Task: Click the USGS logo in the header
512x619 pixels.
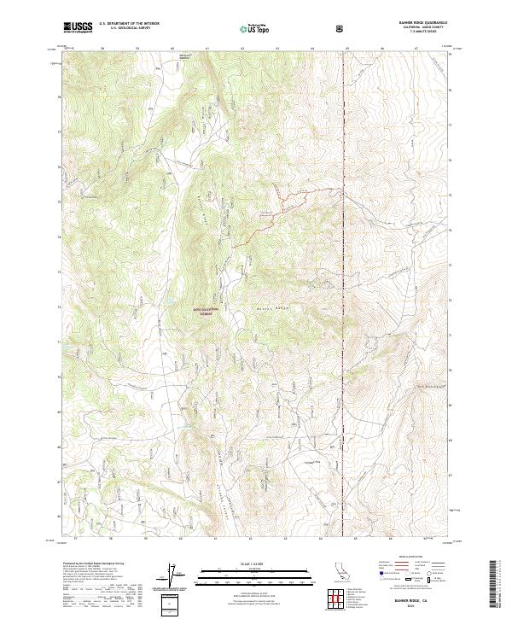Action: pyautogui.click(x=78, y=27)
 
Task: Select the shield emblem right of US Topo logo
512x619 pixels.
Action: pyautogui.click(x=341, y=28)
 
